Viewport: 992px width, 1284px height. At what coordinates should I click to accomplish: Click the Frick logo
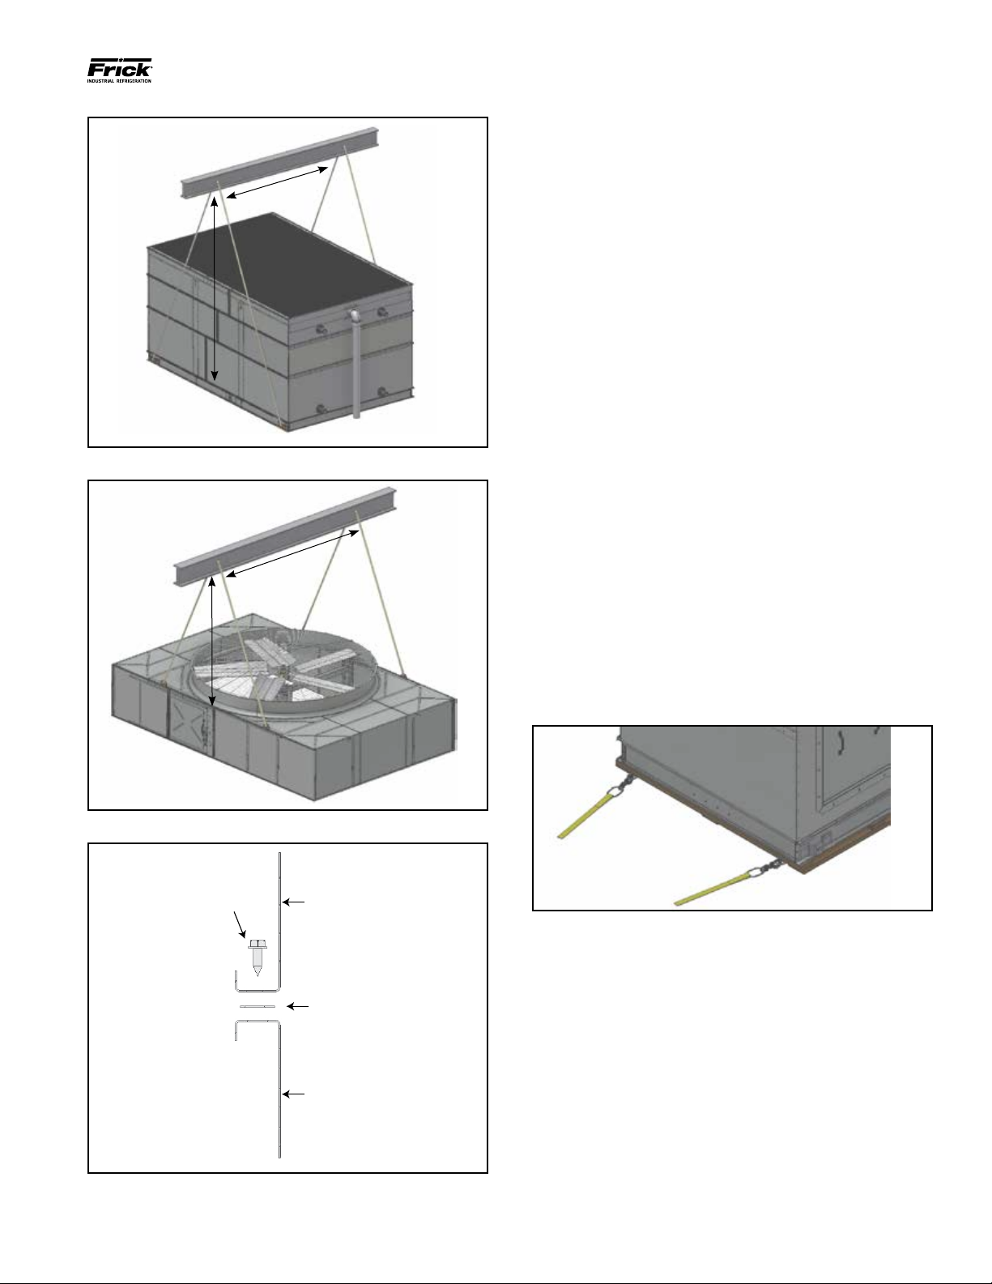(x=120, y=70)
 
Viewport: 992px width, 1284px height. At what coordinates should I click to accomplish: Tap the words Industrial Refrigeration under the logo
(x=119, y=81)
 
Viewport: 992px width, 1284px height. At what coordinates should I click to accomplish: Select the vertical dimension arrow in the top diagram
(x=215, y=289)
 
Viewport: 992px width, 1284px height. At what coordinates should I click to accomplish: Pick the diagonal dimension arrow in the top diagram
(x=278, y=182)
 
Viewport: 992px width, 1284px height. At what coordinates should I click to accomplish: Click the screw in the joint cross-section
(x=257, y=958)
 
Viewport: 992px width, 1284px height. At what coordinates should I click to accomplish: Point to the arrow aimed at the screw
(x=240, y=925)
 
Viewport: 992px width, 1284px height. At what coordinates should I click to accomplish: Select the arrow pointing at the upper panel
(x=293, y=902)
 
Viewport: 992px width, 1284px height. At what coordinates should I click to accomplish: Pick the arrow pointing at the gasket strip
(x=297, y=1005)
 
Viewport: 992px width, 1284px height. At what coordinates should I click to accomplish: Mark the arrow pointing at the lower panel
(x=293, y=1094)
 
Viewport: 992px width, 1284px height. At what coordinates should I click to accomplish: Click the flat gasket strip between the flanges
(x=258, y=1005)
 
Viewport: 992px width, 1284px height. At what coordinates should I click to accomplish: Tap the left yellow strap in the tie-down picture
(x=589, y=813)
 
